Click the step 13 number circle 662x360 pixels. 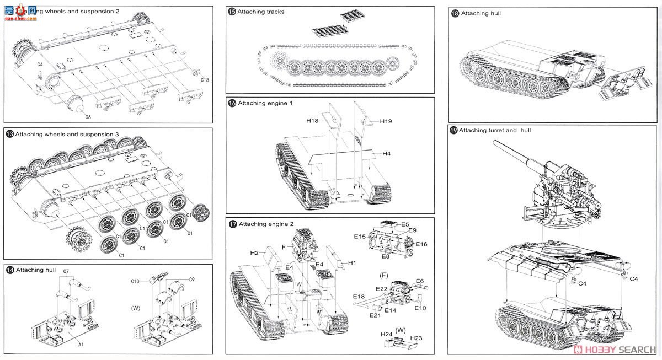(x=10, y=134)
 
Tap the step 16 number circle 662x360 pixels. (x=232, y=103)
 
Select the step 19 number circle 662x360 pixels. (x=453, y=131)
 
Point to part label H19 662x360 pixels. (x=386, y=121)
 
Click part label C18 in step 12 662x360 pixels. (x=205, y=80)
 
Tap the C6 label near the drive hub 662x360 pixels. (x=88, y=117)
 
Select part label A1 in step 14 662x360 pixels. (x=81, y=345)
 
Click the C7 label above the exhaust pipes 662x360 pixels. (x=66, y=271)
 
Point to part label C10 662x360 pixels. (x=135, y=281)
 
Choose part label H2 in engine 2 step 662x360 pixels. (x=254, y=253)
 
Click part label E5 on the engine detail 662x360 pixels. (x=405, y=224)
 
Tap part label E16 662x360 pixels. (x=421, y=244)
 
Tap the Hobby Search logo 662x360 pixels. (x=616, y=350)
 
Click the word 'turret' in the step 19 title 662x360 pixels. (x=493, y=131)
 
